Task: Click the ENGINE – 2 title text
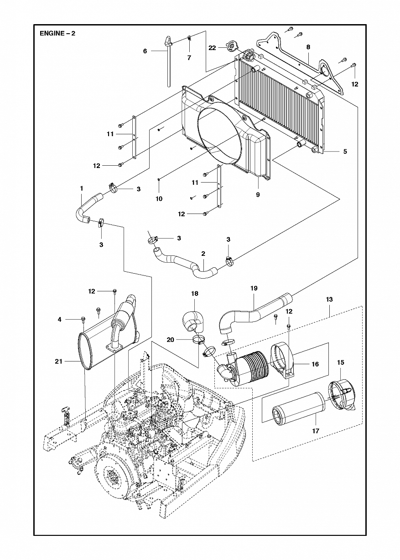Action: pos(57,34)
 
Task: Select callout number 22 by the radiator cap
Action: pos(212,47)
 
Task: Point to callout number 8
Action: pos(308,47)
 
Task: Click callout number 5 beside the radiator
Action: pos(345,151)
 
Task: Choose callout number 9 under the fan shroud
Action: pos(258,194)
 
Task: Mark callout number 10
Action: pos(159,199)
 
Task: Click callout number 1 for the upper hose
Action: pos(82,188)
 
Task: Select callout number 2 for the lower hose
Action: pos(203,254)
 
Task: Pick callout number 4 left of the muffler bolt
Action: pos(60,319)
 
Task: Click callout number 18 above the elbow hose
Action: pos(195,294)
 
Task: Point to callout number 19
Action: pos(254,288)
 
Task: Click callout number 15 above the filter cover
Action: pos(341,362)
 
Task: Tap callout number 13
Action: pos(329,299)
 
